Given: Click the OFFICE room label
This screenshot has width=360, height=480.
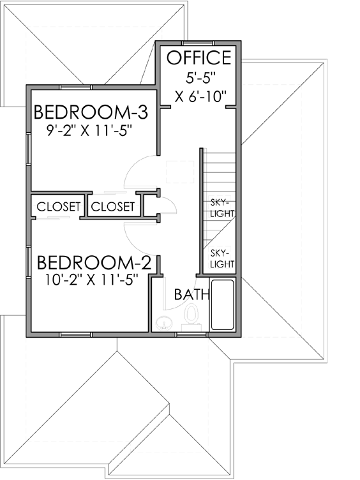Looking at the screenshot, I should point(199,58).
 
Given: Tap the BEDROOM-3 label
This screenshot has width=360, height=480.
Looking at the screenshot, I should point(91,113).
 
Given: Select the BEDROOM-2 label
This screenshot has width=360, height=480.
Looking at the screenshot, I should point(94,263).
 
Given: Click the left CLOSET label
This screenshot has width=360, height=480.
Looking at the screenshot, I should point(59,207).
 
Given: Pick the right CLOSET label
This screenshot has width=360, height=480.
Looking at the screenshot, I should point(112,207).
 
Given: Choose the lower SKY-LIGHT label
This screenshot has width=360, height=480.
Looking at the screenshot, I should point(221,258).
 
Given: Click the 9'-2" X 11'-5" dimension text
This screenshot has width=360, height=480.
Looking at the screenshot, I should point(92,133).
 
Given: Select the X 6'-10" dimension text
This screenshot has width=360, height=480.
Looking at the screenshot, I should point(200,97).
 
